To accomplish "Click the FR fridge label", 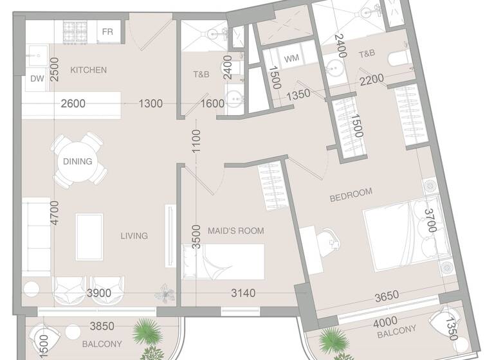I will pyautogui.click(x=107, y=32).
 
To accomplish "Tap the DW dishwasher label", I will pyautogui.click(x=37, y=79).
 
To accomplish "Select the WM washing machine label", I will pyautogui.click(x=291, y=59).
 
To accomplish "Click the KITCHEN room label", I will pyautogui.click(x=88, y=70).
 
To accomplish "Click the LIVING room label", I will pyautogui.click(x=134, y=236).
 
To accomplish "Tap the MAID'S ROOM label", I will pyautogui.click(x=235, y=231).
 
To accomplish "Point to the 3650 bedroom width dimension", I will pyautogui.click(x=387, y=296).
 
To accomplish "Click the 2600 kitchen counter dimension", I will pyautogui.click(x=73, y=104).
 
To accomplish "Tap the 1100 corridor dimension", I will pyautogui.click(x=196, y=141).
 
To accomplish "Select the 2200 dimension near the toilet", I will pyautogui.click(x=371, y=80).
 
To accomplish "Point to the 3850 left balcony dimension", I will pyautogui.click(x=102, y=327).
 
